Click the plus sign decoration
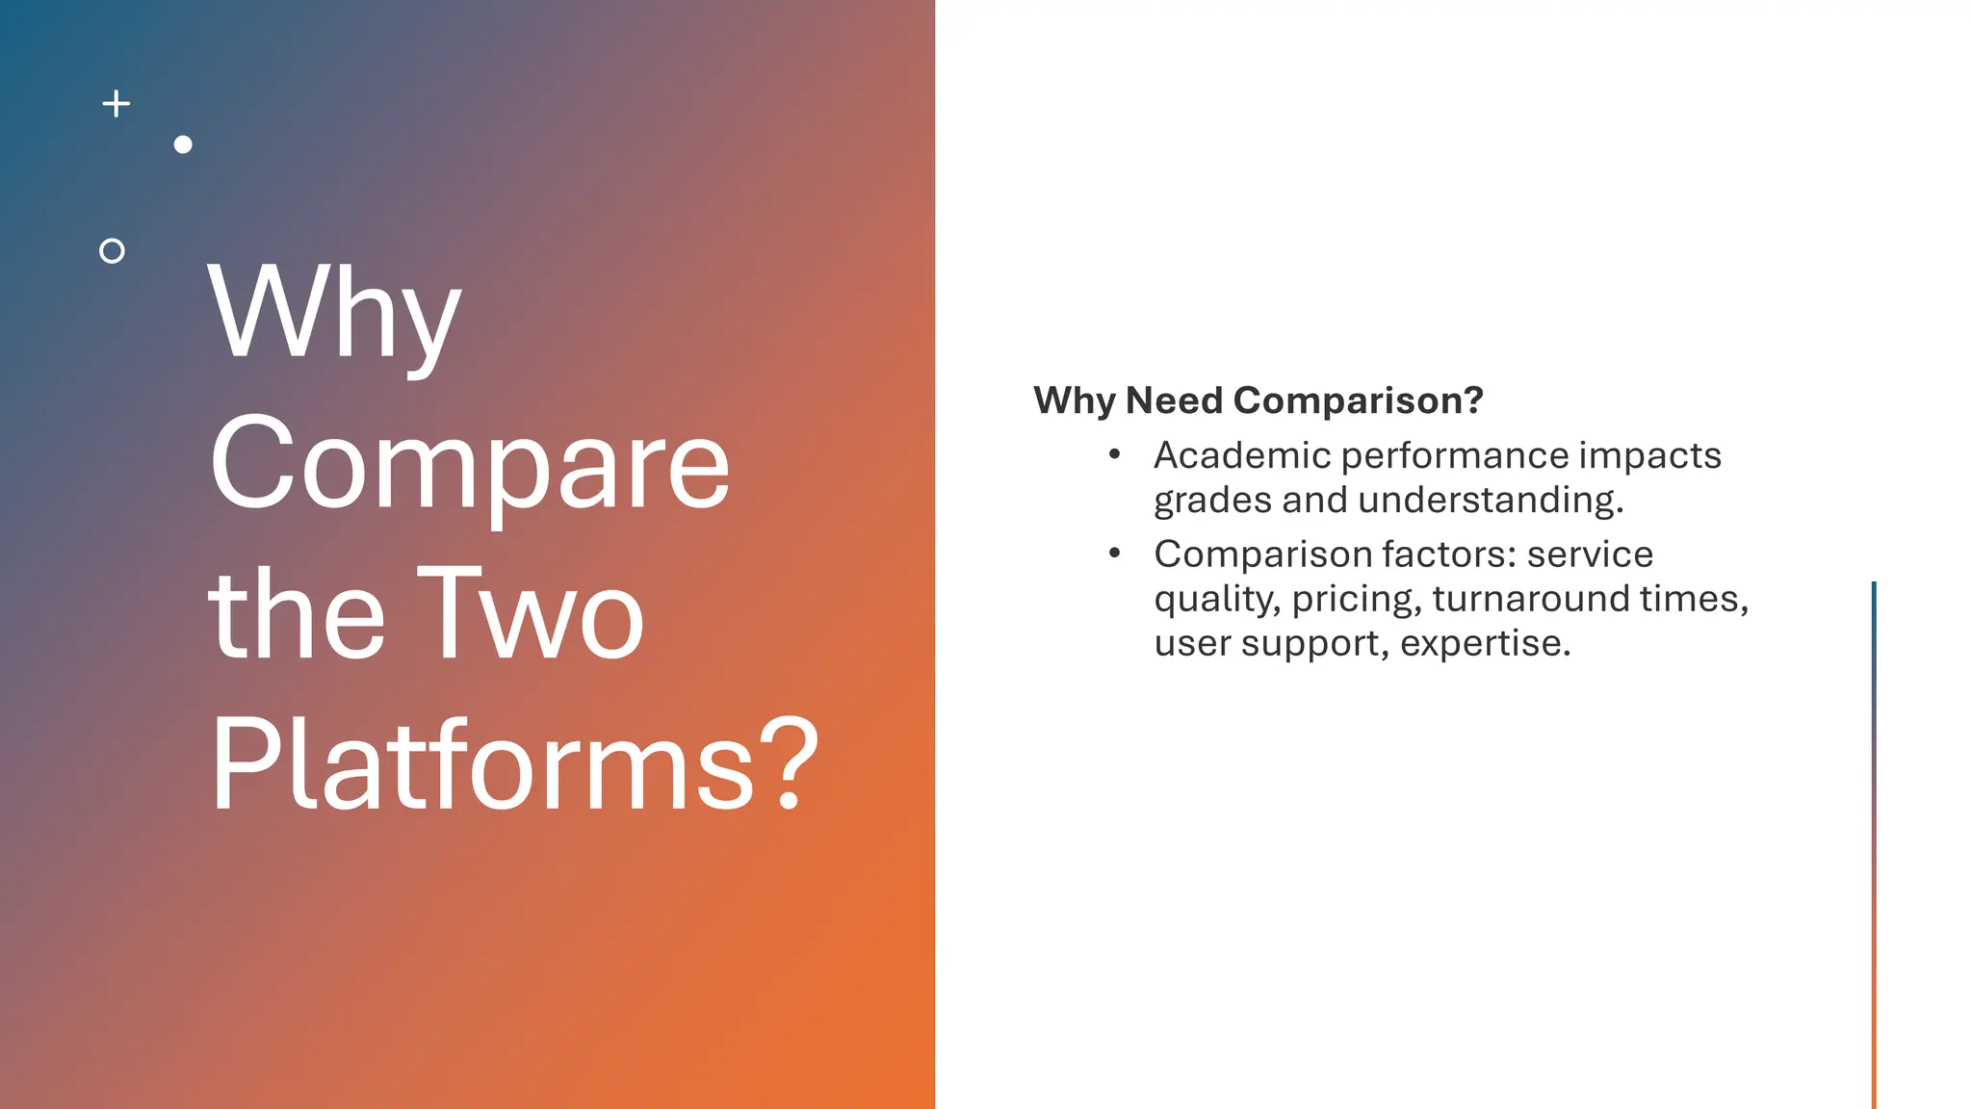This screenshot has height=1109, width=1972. (117, 104)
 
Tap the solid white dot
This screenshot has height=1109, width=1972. (183, 144)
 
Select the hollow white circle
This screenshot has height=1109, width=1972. (113, 251)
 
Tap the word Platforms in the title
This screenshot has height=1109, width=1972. (482, 765)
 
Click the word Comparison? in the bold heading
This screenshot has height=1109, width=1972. (1359, 400)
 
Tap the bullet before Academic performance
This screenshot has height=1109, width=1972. (1114, 454)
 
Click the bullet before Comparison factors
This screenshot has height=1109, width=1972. (1114, 553)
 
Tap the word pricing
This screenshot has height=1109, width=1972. (1356, 600)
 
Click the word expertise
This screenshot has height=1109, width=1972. (1485, 644)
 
